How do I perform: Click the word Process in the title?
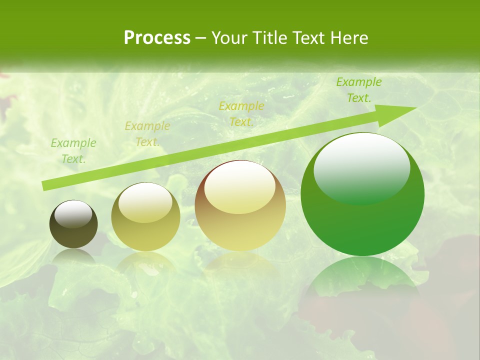157,38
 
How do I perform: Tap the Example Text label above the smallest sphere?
73,151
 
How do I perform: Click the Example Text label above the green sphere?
358,90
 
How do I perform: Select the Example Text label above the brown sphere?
241,114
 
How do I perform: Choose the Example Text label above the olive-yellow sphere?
147,134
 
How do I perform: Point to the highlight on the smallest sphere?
73,214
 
